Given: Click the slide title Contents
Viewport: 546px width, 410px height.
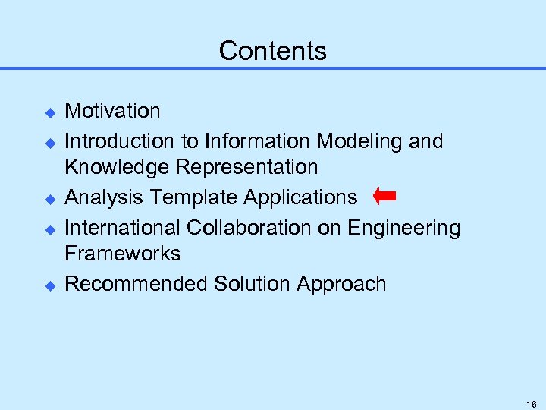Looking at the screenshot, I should point(273,51).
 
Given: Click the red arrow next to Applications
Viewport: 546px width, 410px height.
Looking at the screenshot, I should point(384,197).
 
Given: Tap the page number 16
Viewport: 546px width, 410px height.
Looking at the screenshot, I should point(531,405).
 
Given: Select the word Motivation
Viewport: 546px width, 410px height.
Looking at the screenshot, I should point(112,111).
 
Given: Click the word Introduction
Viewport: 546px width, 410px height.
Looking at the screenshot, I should point(112,141).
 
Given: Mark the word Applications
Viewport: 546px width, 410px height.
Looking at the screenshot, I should point(300,198).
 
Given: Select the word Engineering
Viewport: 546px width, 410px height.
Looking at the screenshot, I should point(404,229).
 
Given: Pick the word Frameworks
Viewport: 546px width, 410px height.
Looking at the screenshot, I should point(123,253).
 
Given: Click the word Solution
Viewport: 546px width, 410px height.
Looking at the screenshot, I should point(253,284).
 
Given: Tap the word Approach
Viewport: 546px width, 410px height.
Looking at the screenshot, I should point(342,285).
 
